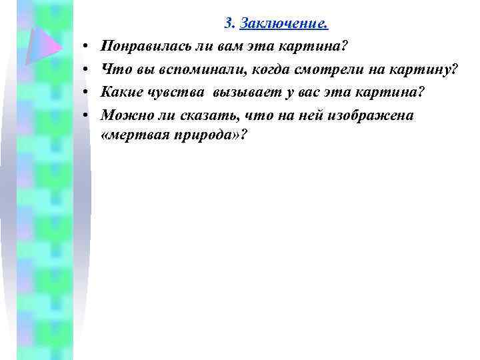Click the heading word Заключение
coord(283,25)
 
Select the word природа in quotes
coord(201,135)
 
